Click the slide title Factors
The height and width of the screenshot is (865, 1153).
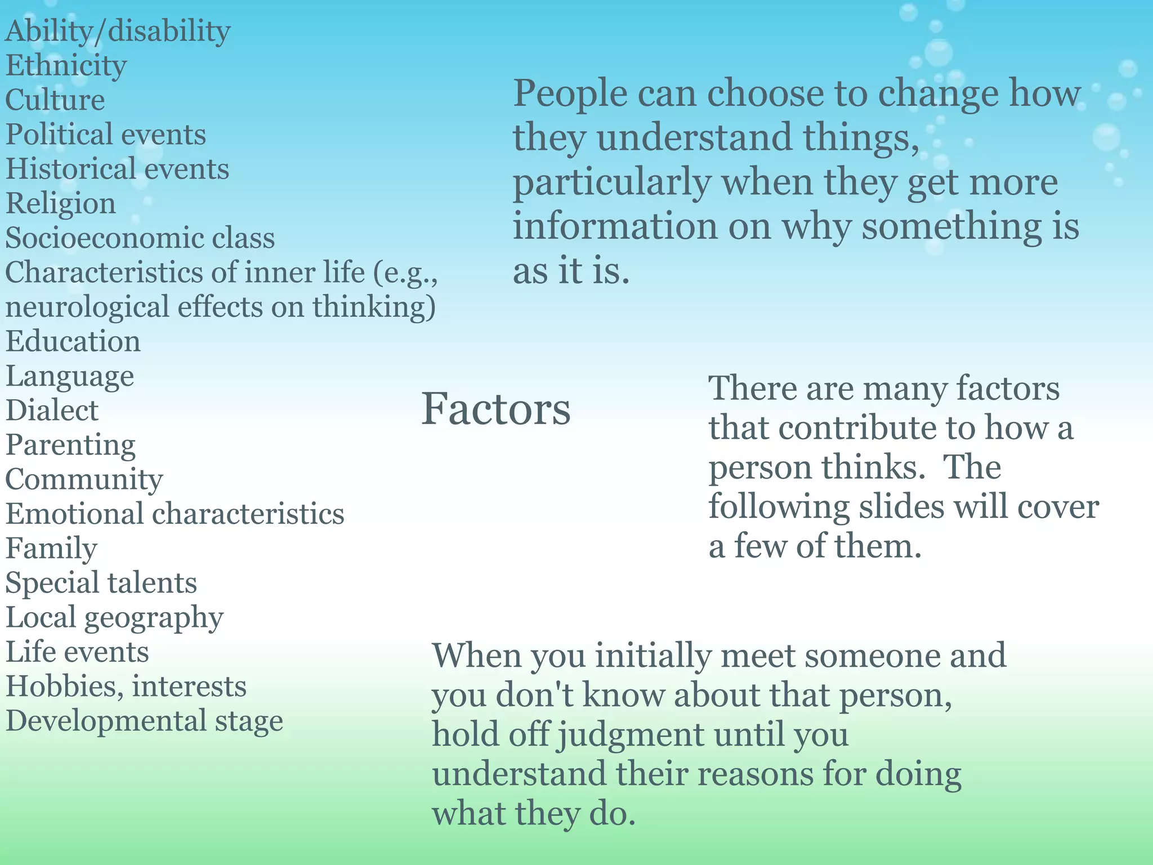tap(495, 408)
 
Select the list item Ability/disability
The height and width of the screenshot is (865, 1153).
tap(118, 32)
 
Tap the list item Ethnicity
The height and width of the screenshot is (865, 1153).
tap(66, 66)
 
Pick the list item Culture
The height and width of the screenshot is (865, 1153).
tap(55, 100)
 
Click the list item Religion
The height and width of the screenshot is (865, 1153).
tap(61, 203)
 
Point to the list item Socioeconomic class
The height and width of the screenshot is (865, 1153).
tap(140, 238)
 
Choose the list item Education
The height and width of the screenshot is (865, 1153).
tap(73, 341)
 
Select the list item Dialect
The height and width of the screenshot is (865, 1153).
tap(52, 410)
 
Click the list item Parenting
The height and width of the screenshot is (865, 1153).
tap(70, 445)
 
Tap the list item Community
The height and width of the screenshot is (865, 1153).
tap(84, 479)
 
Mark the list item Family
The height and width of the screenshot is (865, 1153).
tap(51, 548)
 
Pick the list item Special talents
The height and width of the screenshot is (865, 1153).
tap(101, 582)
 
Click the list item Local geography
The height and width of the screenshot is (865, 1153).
tap(114, 617)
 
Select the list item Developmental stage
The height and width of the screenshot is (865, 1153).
tap(144, 721)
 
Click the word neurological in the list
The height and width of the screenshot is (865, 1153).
tap(87, 307)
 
